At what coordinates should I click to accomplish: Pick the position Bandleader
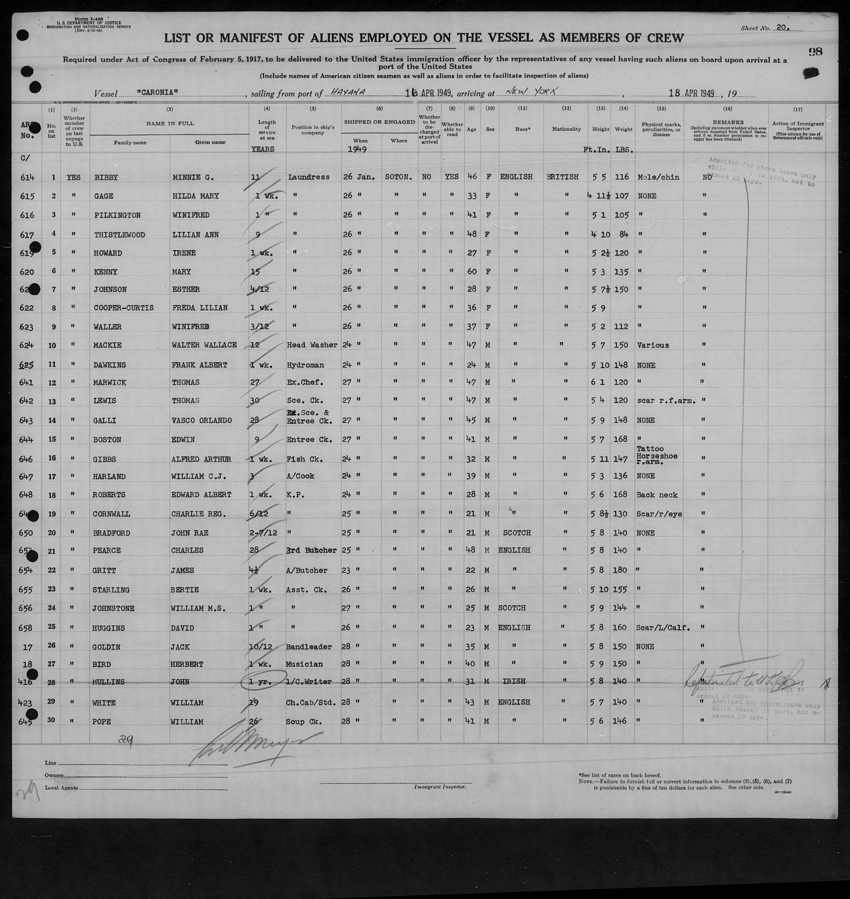tap(310, 647)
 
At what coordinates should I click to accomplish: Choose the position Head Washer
tap(312, 345)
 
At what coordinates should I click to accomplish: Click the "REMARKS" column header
tap(728, 122)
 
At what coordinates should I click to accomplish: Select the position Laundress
tap(308, 177)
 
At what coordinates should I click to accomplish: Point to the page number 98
tap(815, 52)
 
